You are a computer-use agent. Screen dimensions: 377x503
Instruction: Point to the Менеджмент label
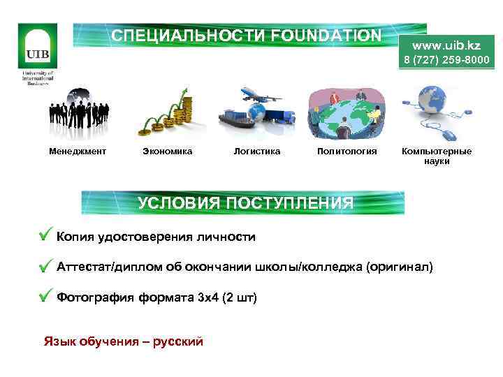tap(78, 151)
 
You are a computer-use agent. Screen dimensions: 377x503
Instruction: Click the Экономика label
tap(167, 151)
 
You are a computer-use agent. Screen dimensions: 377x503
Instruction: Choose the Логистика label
tap(257, 151)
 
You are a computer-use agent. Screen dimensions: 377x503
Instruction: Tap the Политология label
tap(347, 151)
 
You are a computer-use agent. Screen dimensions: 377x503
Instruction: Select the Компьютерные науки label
tap(437, 156)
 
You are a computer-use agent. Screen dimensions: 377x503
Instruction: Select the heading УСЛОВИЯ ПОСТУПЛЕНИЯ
tap(245, 203)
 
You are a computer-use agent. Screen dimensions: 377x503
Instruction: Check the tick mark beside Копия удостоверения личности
tap(46, 235)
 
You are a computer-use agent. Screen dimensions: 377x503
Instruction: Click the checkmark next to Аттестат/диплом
tap(46, 266)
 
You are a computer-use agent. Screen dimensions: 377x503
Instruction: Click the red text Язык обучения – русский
tap(123, 341)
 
